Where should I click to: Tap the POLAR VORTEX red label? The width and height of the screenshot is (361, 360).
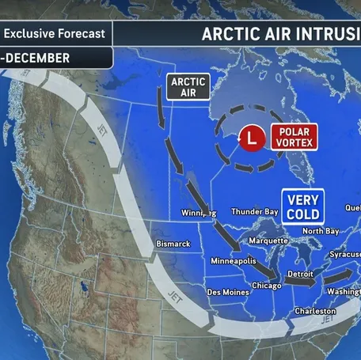293,137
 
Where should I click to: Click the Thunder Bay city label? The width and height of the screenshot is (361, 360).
253,211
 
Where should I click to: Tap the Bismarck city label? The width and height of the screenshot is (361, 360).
173,244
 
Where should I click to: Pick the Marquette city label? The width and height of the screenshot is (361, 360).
268,241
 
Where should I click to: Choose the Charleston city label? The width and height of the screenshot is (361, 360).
314,311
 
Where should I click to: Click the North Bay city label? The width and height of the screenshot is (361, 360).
321,230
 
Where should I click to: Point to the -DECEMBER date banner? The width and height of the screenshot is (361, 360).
36,58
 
